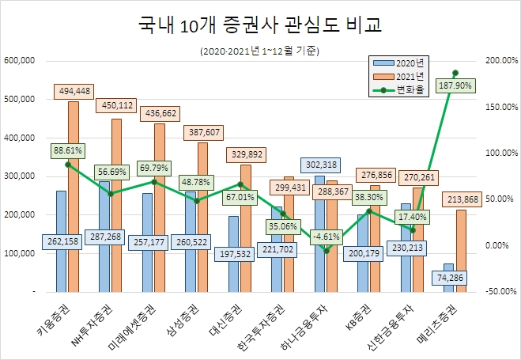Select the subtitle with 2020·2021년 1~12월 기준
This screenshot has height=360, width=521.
259,51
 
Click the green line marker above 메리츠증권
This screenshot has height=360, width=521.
455,73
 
